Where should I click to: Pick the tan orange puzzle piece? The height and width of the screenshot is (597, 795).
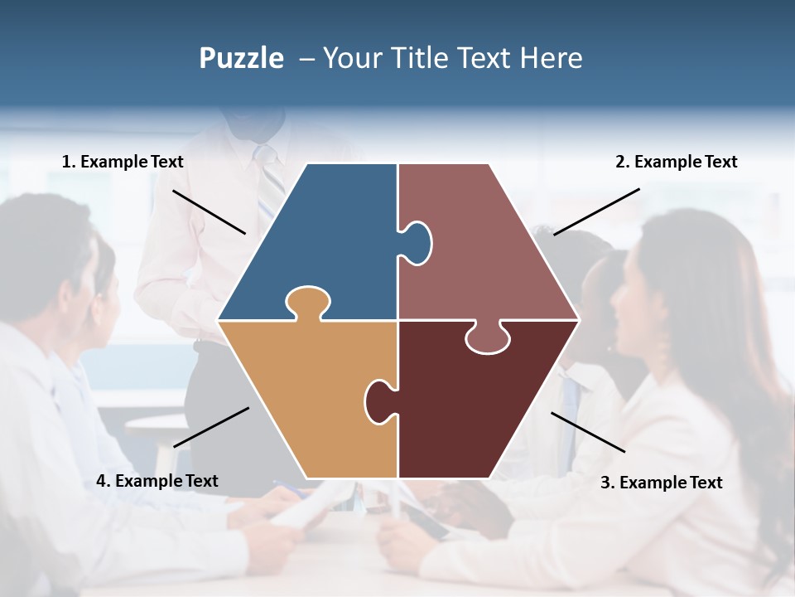tap(306, 390)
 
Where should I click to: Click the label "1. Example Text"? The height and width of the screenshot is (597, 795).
tap(123, 162)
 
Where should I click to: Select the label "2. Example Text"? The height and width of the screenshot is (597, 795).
tap(676, 162)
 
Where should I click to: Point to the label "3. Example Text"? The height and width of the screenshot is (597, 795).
tap(661, 483)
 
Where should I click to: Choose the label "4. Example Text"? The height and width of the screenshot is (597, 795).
tap(157, 481)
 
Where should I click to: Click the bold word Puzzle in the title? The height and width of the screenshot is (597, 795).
tap(241, 58)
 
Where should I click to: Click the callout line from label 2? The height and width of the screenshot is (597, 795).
tap(596, 211)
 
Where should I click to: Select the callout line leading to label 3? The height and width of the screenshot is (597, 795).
tap(588, 432)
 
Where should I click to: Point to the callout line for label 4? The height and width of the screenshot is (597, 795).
tap(211, 427)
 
